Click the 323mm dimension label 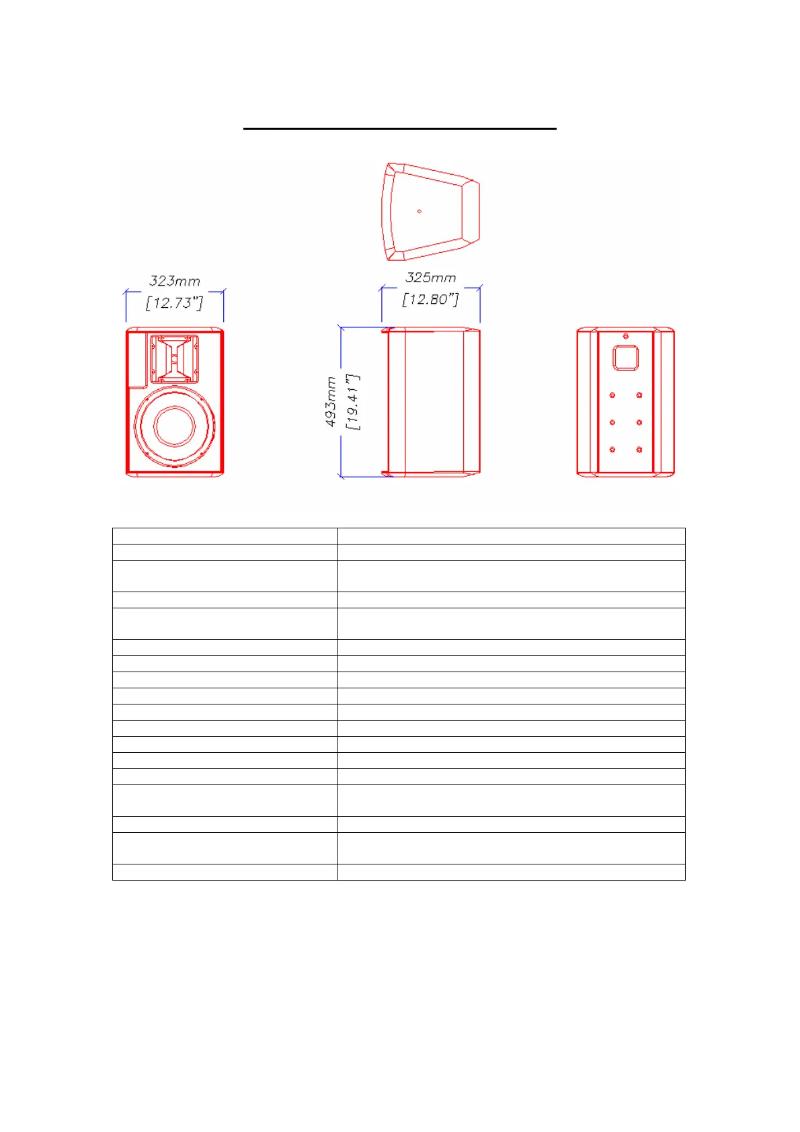[x=174, y=281]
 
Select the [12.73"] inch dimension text [x=174, y=303]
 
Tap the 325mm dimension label [x=430, y=278]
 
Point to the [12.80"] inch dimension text [x=430, y=299]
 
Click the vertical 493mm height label [x=331, y=402]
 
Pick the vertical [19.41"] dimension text [x=352, y=402]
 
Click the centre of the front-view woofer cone [x=175, y=426]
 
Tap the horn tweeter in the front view [x=174, y=358]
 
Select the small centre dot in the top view [x=419, y=211]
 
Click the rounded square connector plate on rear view [x=625, y=358]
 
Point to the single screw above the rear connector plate [x=626, y=336]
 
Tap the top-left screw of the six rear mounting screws [x=612, y=395]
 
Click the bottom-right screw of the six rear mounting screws [x=639, y=450]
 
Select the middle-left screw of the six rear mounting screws [x=612, y=423]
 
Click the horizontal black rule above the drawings [x=400, y=128]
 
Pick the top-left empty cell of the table [x=225, y=536]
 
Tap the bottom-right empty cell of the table [x=511, y=872]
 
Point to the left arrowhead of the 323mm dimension [x=126, y=292]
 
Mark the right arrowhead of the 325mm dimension [x=479, y=288]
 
